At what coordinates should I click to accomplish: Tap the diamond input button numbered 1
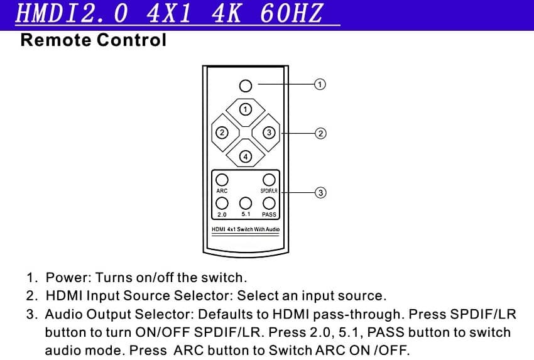pos(246,109)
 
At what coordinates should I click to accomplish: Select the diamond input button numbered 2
pos(222,133)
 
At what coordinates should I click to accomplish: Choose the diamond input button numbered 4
pos(246,156)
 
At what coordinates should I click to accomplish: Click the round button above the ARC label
pos(221,180)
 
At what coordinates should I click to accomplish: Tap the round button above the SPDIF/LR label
pos(269,180)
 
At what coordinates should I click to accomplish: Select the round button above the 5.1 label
pos(246,203)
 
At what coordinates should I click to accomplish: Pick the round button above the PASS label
pos(269,203)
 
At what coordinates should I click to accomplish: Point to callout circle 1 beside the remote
pos(320,84)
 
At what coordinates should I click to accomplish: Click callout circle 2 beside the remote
pos(320,133)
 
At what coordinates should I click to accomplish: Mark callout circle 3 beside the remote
pos(320,192)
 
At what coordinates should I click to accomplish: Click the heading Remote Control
pos(93,41)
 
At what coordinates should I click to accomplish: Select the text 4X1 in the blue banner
pos(167,14)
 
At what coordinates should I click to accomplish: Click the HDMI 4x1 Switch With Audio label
pos(246,229)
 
